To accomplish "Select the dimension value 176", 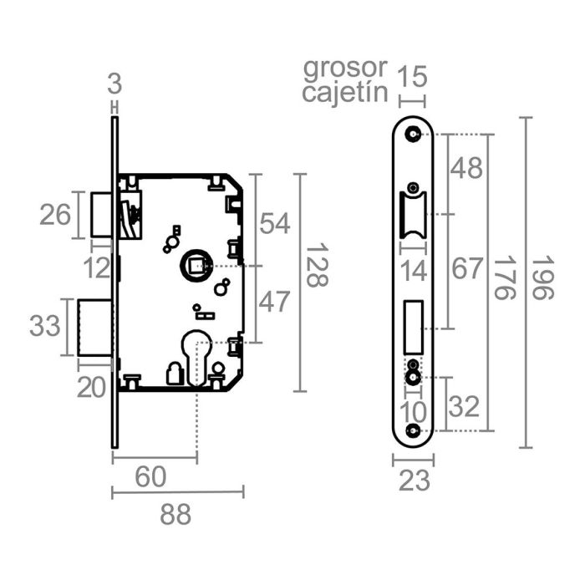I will tap(502, 282).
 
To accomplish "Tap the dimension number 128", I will tap(316, 265).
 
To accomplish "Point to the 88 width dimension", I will tap(176, 515).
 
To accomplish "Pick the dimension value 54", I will tap(274, 223).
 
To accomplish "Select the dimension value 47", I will tap(274, 302).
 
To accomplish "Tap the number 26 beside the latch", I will tap(56, 216).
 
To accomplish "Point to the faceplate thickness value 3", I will tap(115, 84).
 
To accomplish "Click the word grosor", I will tap(345, 67).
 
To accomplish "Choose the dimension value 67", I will tap(467, 269).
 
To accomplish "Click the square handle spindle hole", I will tap(196, 267).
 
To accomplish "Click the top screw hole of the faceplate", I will tap(413, 134).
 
